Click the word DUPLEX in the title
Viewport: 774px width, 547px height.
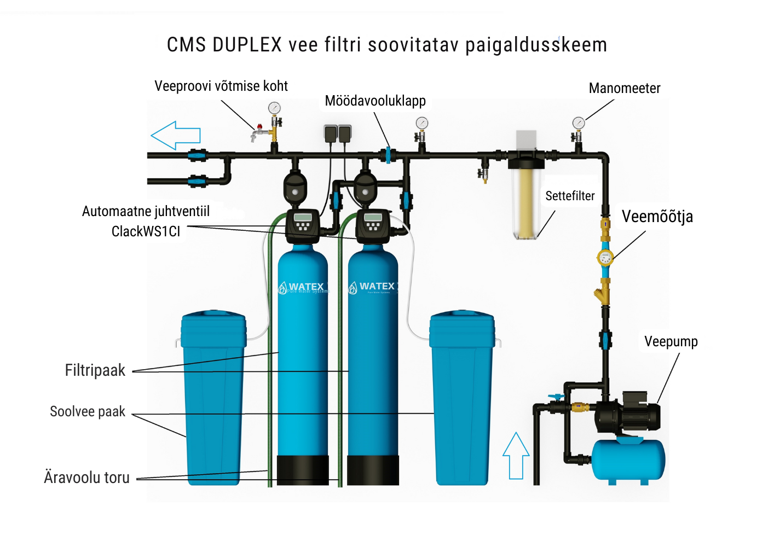[x=247, y=45]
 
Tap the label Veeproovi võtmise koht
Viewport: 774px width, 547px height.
[x=221, y=86]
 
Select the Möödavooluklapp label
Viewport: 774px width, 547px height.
[x=375, y=101]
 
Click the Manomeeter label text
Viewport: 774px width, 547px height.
[x=624, y=89]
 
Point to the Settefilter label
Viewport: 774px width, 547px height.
[x=570, y=196]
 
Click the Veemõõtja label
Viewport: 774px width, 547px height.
[x=657, y=217]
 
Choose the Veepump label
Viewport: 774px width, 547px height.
[x=671, y=342]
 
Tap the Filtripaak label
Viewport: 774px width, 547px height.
[x=95, y=370]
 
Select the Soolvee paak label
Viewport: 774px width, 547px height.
[x=88, y=412]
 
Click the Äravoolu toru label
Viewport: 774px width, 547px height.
[x=87, y=478]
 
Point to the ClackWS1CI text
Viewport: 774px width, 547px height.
[x=146, y=232]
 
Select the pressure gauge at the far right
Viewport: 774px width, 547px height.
[x=578, y=123]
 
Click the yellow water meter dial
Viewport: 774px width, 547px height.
[x=605, y=258]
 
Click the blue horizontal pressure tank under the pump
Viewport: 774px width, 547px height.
[x=628, y=459]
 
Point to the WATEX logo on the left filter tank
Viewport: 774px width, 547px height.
[x=302, y=287]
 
